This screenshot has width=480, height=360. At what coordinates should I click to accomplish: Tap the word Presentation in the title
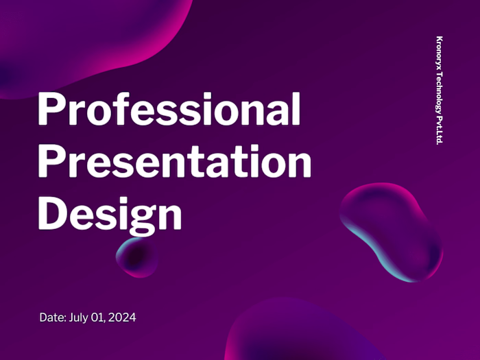tap(174, 162)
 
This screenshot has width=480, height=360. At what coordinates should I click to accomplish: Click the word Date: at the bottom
tap(52, 317)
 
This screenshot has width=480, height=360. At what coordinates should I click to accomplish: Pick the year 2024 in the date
tap(122, 317)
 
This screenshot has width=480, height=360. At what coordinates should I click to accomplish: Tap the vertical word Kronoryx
tap(440, 53)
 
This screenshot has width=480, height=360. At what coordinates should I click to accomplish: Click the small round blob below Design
tap(136, 256)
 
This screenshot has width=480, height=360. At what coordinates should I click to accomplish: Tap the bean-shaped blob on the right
tap(391, 230)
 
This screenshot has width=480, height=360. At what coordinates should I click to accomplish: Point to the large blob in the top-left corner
tap(89, 38)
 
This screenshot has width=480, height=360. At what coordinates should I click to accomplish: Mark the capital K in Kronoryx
tap(440, 38)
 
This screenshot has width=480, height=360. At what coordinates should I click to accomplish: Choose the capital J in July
tap(71, 317)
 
